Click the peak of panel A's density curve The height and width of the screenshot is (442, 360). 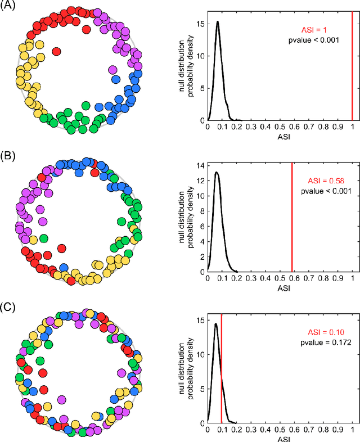pos(217,22)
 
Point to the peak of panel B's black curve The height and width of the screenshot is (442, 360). pos(217,173)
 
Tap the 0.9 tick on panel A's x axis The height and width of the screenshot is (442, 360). pos(337,127)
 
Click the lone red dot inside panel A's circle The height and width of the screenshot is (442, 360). pos(56,52)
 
